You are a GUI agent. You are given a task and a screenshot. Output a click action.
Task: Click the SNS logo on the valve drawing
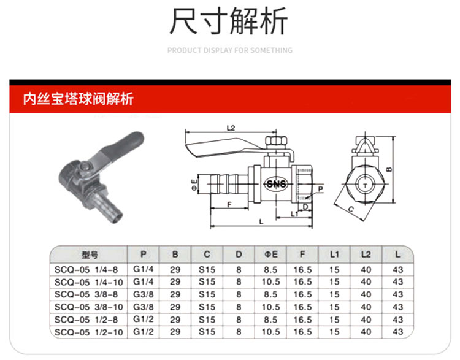click(x=276, y=184)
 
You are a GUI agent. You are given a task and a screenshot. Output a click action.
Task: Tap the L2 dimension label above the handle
click(x=231, y=128)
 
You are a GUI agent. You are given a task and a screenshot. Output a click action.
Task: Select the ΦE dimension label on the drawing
click(x=194, y=185)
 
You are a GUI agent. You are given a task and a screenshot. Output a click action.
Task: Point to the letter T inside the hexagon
click(x=366, y=185)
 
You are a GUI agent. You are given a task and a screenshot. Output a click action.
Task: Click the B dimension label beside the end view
click(x=389, y=169)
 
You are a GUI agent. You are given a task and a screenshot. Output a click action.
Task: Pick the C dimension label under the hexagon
click(x=351, y=209)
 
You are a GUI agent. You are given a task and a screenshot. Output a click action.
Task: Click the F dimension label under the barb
click(x=229, y=204)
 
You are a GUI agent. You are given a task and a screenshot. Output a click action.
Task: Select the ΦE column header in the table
click(x=270, y=255)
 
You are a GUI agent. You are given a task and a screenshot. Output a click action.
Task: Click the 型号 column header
click(x=90, y=255)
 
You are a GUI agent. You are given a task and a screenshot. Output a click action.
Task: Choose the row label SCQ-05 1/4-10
click(x=88, y=282)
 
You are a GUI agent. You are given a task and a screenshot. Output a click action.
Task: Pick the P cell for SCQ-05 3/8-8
click(x=144, y=294)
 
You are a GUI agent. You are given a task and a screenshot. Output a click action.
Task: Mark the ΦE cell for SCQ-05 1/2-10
click(x=270, y=332)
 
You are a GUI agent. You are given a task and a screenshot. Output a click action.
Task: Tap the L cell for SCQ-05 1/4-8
click(x=398, y=270)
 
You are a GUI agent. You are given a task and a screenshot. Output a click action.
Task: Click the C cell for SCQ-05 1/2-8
click(x=207, y=320)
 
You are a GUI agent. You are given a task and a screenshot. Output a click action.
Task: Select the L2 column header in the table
click(x=366, y=255)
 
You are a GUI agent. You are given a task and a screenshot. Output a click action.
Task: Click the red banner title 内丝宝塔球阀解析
click(x=79, y=99)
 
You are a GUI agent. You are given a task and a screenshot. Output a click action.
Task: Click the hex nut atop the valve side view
click(x=275, y=140)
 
